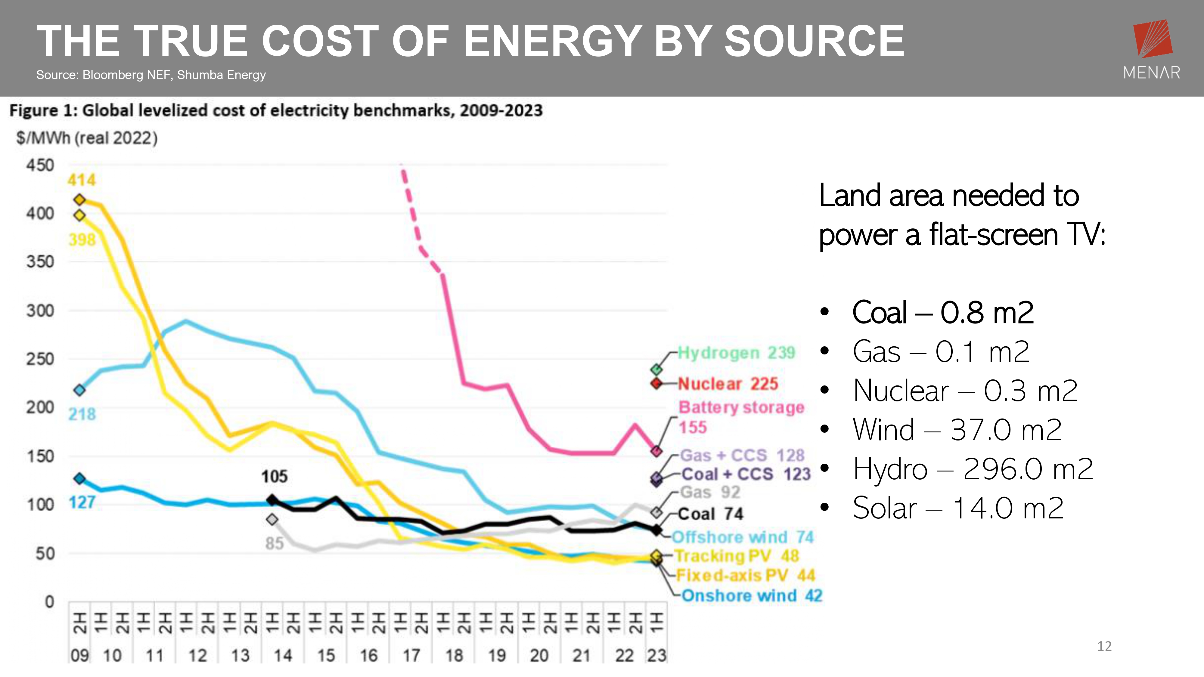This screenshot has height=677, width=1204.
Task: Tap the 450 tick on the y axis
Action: coord(40,165)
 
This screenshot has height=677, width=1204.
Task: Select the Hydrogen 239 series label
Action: coord(736,352)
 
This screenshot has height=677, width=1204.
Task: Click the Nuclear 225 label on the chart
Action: coord(728,384)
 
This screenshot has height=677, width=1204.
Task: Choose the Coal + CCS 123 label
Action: coord(746,474)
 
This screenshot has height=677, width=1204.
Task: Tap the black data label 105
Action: coord(274,477)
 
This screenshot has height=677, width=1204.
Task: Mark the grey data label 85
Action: coord(274,543)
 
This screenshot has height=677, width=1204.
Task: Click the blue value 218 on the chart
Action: coord(82,414)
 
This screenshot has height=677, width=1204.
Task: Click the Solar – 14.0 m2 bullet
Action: coord(958,508)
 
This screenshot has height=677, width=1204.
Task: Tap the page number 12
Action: coord(1104,646)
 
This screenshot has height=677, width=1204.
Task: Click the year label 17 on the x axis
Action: coord(411,656)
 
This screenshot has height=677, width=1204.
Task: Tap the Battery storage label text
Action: coord(741,407)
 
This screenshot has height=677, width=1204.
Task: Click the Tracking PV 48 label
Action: coord(737,556)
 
